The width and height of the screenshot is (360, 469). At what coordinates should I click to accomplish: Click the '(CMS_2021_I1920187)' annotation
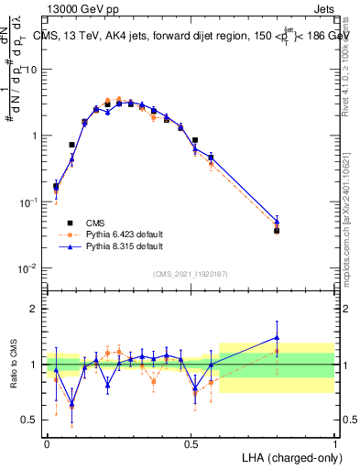pyautogui.click(x=190, y=273)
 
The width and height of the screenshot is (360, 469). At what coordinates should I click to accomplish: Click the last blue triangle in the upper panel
pyautogui.click(x=277, y=221)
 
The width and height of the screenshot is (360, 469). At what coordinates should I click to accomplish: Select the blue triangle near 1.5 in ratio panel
pyautogui.click(x=277, y=337)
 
